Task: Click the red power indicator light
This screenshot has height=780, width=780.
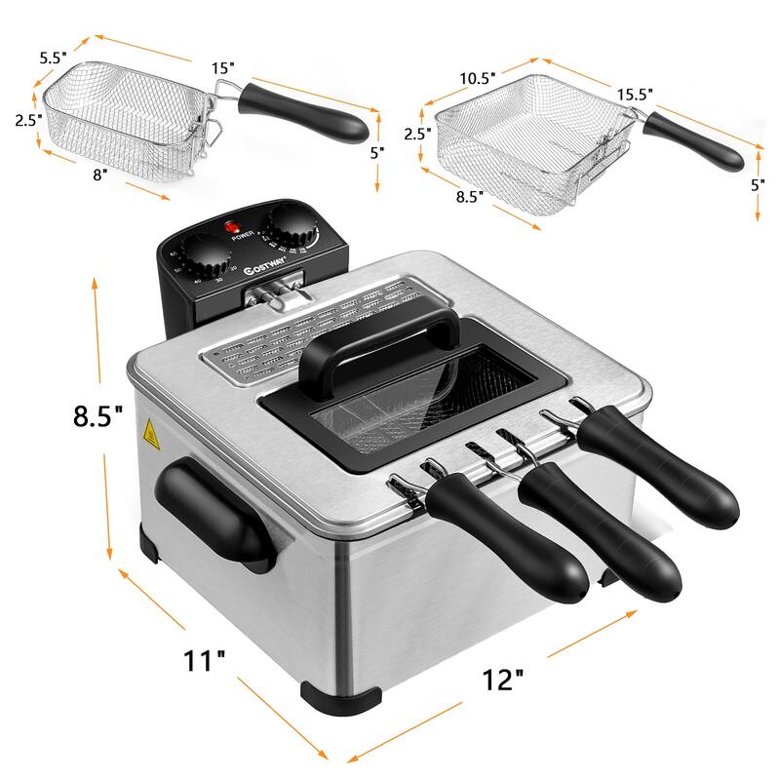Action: coord(234,228)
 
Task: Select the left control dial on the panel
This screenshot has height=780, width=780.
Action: coord(207,257)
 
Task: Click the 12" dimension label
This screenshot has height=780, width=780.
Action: coord(502,679)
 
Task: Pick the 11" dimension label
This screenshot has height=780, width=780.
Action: coord(205,661)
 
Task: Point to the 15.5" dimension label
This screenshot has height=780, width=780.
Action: coord(634,95)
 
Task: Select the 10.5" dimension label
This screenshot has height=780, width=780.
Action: coord(478,76)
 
